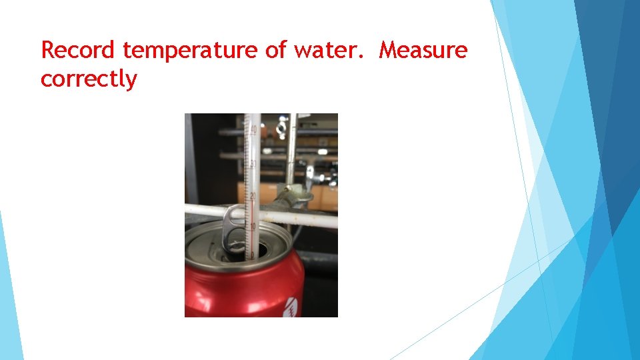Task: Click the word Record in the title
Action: pos(79,50)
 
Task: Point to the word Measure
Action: pos(423,50)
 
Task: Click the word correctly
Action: pos(89,79)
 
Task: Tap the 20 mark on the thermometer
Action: pos(253,196)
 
